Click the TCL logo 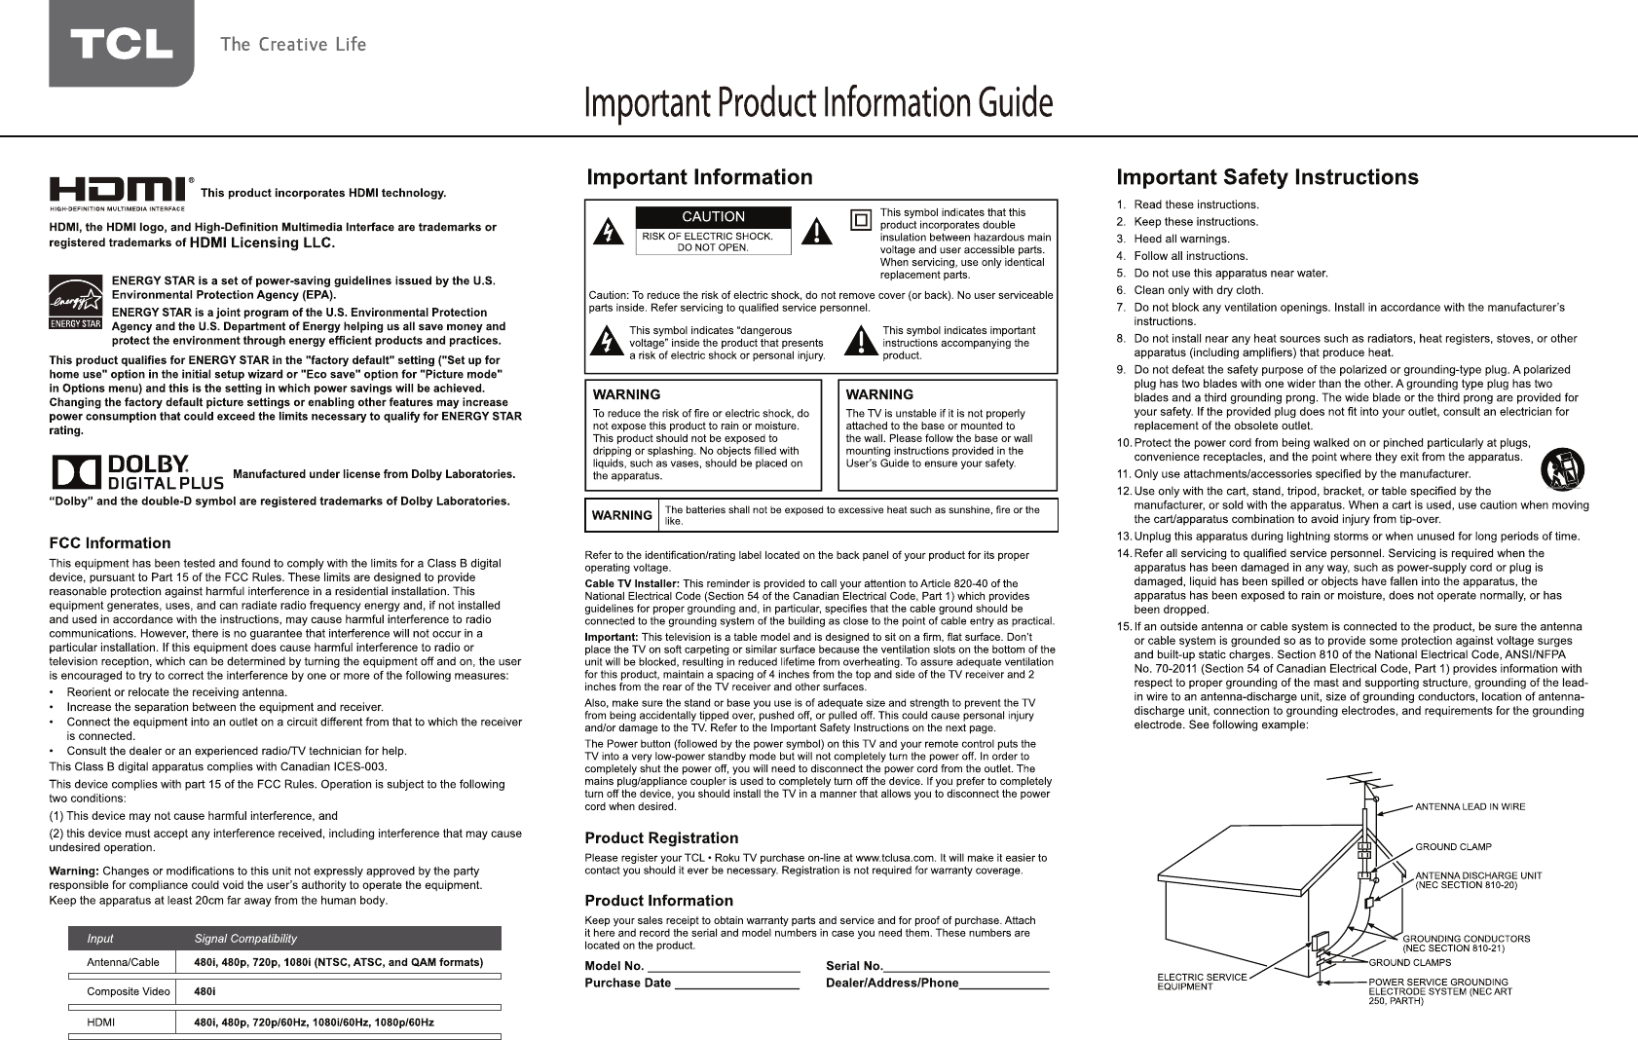click(x=121, y=44)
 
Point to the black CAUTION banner click(x=713, y=217)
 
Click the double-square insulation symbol click(x=860, y=220)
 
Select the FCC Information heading click(x=109, y=543)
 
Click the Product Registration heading click(x=660, y=838)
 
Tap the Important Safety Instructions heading click(x=1266, y=178)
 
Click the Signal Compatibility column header click(x=245, y=939)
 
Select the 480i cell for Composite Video click(x=205, y=992)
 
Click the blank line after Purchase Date click(x=736, y=984)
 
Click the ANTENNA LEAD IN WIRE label click(x=1470, y=806)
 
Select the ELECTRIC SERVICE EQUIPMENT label click(x=1201, y=982)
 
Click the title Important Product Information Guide click(x=818, y=103)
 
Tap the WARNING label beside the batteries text click(x=622, y=515)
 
